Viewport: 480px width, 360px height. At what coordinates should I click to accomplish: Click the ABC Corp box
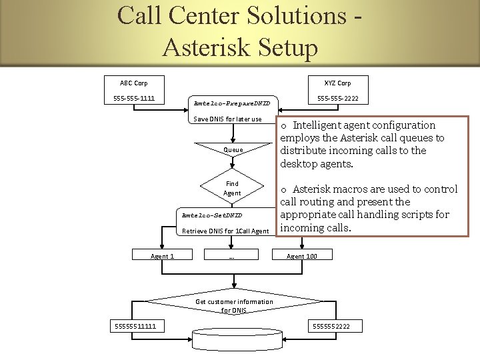(133, 83)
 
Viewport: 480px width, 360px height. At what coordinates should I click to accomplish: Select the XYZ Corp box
(337, 83)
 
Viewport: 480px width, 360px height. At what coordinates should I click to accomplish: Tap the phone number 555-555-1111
(133, 99)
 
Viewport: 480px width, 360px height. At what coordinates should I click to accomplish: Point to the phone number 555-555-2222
(337, 99)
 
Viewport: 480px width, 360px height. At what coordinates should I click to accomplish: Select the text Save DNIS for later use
(227, 119)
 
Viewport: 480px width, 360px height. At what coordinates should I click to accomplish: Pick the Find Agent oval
(232, 188)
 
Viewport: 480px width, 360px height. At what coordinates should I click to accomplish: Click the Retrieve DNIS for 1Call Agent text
(225, 231)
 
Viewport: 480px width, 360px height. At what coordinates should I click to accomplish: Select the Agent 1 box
(162, 256)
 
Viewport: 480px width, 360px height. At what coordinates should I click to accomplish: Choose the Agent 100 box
(301, 256)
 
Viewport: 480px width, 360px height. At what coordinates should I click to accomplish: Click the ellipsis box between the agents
(231, 256)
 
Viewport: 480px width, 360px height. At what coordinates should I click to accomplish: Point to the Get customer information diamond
(234, 305)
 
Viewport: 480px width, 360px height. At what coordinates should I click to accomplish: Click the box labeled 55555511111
(134, 325)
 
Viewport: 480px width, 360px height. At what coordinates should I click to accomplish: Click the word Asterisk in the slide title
(207, 47)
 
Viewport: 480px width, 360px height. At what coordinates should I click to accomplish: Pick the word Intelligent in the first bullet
(322, 125)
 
